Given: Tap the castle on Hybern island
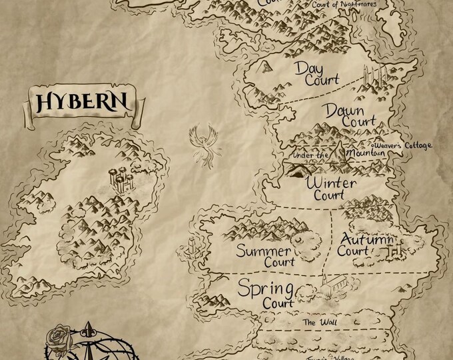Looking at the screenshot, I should (x=120, y=177).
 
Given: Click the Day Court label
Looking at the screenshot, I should (x=308, y=73).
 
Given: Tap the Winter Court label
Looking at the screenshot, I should (x=330, y=188).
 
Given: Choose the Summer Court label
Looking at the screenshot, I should (x=265, y=258).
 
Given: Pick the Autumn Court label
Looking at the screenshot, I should (x=363, y=245).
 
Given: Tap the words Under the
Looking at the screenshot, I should (x=308, y=156).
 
